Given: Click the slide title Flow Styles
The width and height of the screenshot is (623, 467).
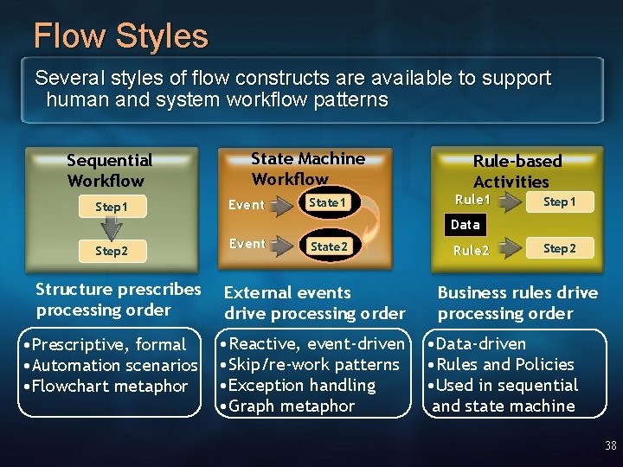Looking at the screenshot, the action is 120,36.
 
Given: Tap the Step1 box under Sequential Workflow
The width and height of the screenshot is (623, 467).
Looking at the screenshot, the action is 112,208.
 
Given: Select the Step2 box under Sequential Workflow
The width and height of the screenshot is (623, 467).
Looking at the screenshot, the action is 112,251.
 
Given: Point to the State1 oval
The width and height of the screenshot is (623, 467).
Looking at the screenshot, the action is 328,202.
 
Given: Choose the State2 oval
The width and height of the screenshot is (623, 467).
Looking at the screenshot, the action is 329,246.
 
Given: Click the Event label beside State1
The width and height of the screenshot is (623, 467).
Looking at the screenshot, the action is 247,205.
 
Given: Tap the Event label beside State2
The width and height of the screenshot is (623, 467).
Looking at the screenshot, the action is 247,244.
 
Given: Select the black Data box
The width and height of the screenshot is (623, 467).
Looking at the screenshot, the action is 465,224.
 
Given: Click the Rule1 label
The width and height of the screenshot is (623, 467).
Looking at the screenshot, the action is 472,200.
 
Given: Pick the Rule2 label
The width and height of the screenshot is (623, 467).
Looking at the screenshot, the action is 472,251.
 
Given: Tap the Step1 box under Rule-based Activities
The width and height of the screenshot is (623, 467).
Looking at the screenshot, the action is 559,202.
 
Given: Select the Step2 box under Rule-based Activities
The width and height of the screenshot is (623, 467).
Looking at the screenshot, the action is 559,248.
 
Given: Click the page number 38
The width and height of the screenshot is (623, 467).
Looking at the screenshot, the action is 611,446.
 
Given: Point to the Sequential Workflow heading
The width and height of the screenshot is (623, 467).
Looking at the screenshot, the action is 109,170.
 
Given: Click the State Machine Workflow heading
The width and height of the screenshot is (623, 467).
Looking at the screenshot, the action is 307,169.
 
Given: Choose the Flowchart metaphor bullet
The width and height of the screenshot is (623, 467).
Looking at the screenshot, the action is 109,386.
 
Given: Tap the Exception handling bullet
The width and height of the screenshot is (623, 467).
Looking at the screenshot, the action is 299,385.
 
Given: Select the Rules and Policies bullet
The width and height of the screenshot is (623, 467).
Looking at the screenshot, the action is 504,364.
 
